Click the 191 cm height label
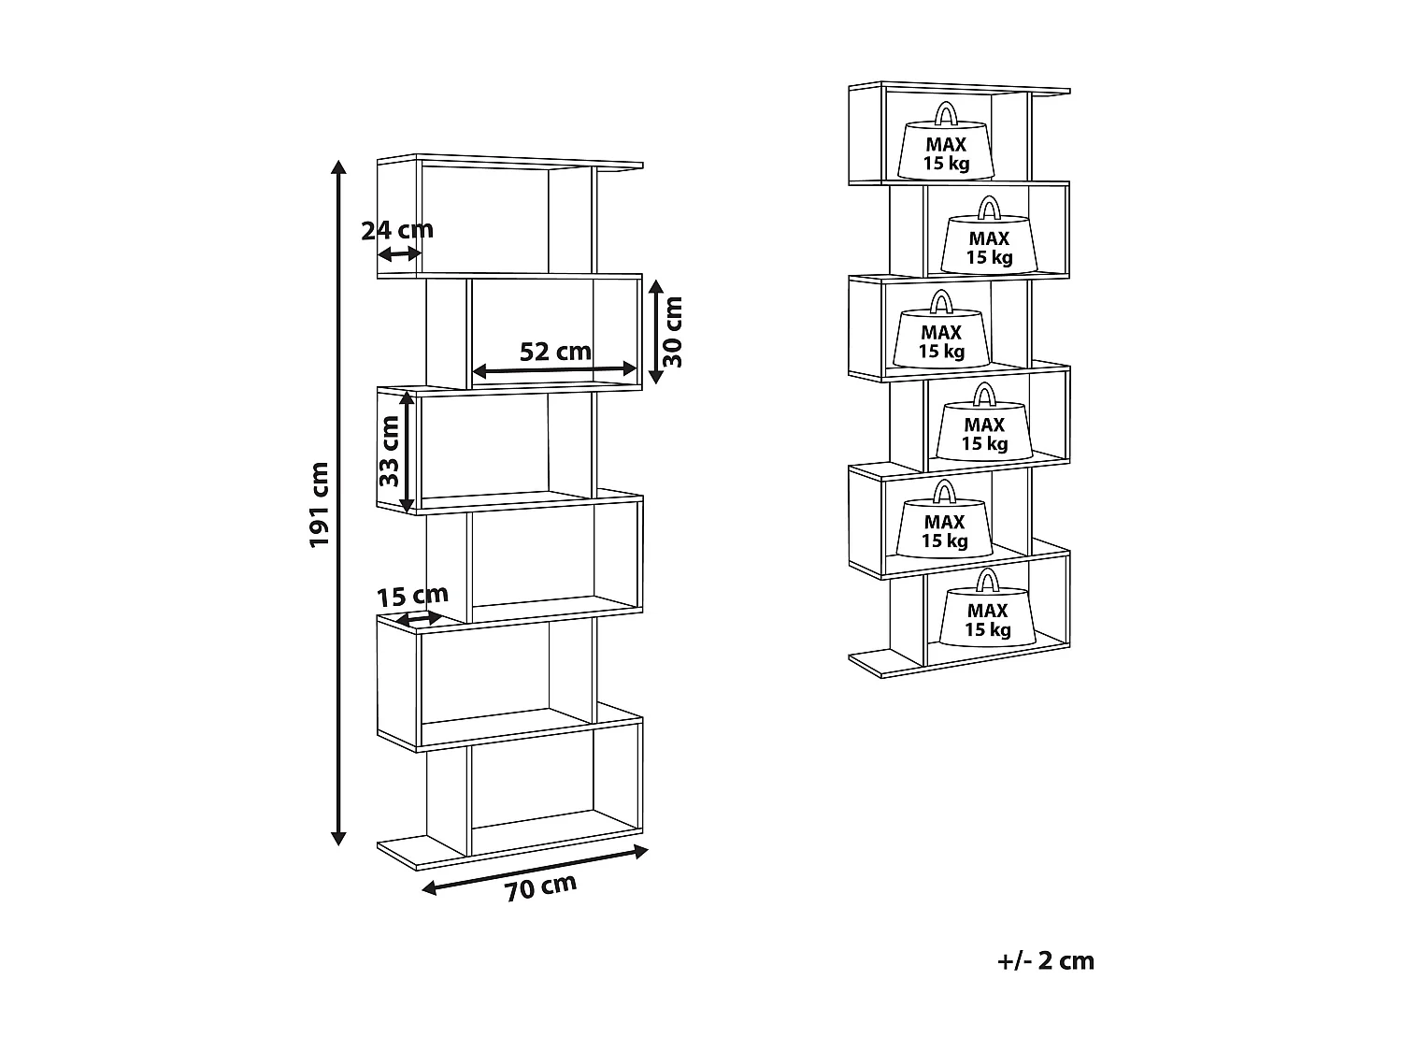point(319,505)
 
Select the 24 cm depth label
point(397,230)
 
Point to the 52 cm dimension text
point(555,352)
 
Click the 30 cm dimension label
point(672,332)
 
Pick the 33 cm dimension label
point(389,451)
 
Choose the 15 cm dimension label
point(412,596)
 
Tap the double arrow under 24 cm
point(400,254)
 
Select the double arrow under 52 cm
point(554,369)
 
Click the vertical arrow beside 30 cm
point(655,332)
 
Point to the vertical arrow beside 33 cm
point(407,453)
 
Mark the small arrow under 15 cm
point(419,618)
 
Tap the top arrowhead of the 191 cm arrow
point(338,166)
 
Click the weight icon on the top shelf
point(946,140)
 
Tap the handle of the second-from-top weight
point(990,208)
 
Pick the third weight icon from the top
point(941,329)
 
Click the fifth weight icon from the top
point(945,519)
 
